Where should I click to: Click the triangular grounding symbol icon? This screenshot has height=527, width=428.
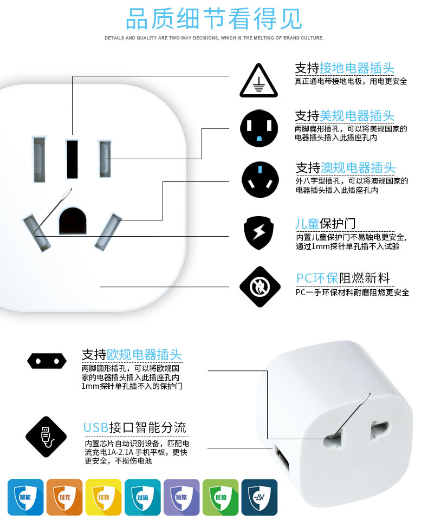[x=260, y=80]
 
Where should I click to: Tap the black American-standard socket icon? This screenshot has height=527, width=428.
[x=260, y=128]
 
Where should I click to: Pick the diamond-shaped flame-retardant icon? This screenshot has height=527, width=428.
[x=260, y=287]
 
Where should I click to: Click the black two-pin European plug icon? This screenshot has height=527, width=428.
[x=47, y=360]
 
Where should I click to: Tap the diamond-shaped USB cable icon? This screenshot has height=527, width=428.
[x=46, y=437]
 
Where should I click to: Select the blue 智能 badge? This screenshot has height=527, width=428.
[x=25, y=497]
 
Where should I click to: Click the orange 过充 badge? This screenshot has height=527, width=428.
[x=64, y=497]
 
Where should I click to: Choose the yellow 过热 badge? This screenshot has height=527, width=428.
[x=103, y=497]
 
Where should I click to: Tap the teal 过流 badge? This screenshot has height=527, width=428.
[x=142, y=497]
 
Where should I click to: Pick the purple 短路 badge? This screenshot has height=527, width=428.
[x=181, y=497]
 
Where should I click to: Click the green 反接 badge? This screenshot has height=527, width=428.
[x=221, y=497]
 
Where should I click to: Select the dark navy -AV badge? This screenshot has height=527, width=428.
[x=260, y=497]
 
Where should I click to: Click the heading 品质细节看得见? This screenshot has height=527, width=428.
[x=213, y=19]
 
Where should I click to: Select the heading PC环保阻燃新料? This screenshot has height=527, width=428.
[x=342, y=278]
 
